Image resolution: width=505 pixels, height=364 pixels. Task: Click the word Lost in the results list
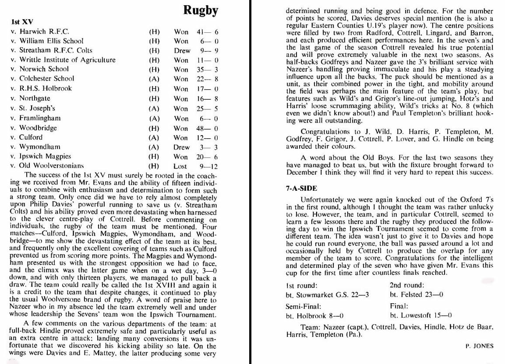(180, 166)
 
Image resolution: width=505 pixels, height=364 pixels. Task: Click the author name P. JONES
(480, 346)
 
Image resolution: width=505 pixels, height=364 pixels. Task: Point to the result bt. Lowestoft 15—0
(420, 315)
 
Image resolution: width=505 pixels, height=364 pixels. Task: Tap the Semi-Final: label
(304, 306)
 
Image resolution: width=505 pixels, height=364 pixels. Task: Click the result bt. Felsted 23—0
(416, 295)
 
